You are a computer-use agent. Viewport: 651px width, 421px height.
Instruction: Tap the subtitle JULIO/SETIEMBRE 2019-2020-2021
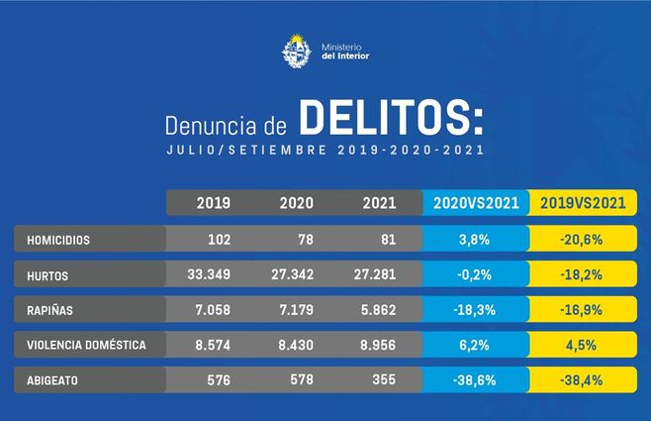click(325, 152)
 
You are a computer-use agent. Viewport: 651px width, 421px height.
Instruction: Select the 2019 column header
click(214, 203)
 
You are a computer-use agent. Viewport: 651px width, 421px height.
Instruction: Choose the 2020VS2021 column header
click(476, 203)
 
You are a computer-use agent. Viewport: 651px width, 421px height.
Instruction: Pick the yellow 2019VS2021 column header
click(583, 203)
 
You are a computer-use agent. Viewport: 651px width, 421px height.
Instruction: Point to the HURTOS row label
click(48, 275)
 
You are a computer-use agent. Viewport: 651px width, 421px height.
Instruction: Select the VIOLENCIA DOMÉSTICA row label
click(87, 345)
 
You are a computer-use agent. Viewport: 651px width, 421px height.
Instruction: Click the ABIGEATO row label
click(54, 379)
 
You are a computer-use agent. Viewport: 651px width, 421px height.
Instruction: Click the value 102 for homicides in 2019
click(216, 240)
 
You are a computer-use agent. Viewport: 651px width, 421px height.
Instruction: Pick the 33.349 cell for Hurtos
click(205, 275)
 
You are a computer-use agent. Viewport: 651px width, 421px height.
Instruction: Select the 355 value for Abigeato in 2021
click(380, 379)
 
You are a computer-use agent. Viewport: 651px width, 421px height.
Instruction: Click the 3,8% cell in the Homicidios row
click(476, 240)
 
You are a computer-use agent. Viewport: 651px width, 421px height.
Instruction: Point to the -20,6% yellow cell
click(582, 240)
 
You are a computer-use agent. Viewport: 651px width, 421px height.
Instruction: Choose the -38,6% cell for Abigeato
click(476, 379)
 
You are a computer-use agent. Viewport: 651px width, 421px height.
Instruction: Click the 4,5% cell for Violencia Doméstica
click(582, 345)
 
